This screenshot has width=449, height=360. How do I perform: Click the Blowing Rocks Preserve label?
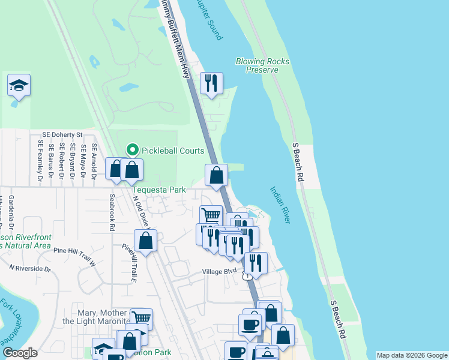pyautogui.click(x=262, y=65)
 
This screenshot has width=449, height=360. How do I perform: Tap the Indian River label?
pyautogui.click(x=280, y=205)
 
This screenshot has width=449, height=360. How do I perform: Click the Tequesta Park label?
pyautogui.click(x=159, y=190)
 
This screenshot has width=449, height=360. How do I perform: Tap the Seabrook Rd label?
pyautogui.click(x=112, y=212)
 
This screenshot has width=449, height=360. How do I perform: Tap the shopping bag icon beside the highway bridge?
pyautogui.click(x=217, y=175)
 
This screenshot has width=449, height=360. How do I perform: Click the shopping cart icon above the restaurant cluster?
pyautogui.click(x=211, y=215)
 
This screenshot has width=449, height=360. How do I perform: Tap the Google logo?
pyautogui.click(x=20, y=353)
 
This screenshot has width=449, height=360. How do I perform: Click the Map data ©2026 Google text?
pyautogui.click(x=411, y=355)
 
